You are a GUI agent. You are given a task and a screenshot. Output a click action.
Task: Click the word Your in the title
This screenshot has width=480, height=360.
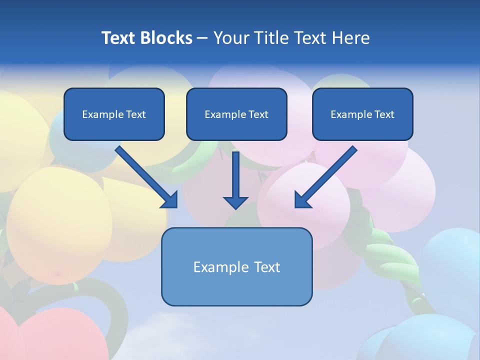(230, 38)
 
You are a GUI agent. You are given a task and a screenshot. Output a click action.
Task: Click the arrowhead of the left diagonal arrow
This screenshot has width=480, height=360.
(170, 200)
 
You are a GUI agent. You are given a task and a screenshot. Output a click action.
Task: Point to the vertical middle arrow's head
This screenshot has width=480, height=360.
(235, 202)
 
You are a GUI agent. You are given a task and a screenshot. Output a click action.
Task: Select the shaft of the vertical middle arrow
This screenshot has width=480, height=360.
(235, 172)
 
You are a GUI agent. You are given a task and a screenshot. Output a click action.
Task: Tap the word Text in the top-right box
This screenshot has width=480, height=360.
(384, 114)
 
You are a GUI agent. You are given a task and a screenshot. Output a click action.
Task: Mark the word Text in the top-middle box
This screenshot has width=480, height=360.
(258, 114)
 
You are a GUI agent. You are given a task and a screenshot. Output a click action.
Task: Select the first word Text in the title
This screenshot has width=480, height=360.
(119, 38)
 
